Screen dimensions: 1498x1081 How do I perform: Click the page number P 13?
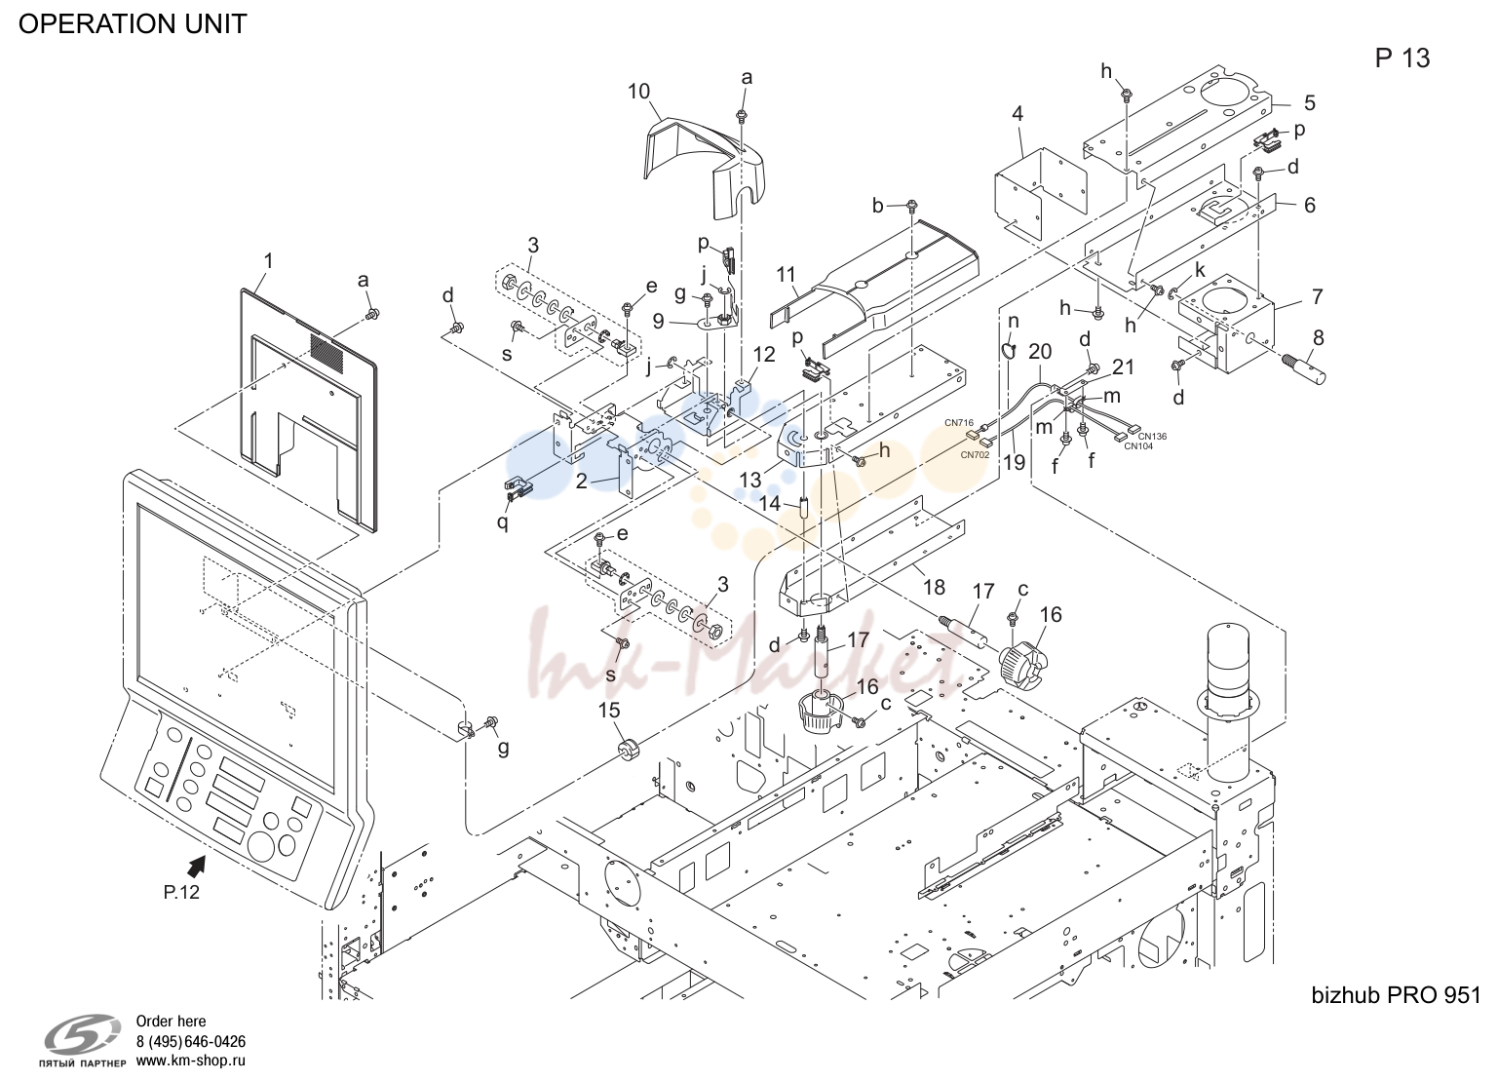pyautogui.click(x=1402, y=58)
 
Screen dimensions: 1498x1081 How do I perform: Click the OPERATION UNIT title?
pyautogui.click(x=133, y=24)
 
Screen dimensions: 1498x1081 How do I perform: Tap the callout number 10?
pyautogui.click(x=638, y=91)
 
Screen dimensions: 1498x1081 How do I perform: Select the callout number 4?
pyautogui.click(x=1018, y=113)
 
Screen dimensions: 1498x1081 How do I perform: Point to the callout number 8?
pyautogui.click(x=1318, y=337)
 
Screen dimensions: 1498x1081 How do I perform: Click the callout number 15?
pyautogui.click(x=609, y=710)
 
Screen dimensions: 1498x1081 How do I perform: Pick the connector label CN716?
pyautogui.click(x=959, y=423)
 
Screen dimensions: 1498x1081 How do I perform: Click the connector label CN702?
pyautogui.click(x=975, y=455)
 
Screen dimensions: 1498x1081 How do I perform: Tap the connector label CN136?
pyautogui.click(x=1152, y=436)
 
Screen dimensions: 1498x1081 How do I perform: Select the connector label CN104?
pyautogui.click(x=1138, y=446)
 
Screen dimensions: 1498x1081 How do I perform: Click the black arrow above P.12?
pyautogui.click(x=196, y=868)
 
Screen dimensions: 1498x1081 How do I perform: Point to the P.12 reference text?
pyautogui.click(x=181, y=892)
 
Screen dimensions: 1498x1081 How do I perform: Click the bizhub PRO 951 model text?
pyautogui.click(x=1396, y=995)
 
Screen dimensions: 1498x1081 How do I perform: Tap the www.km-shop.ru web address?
pyautogui.click(x=191, y=1061)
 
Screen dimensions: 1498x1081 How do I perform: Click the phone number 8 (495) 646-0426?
pyautogui.click(x=191, y=1042)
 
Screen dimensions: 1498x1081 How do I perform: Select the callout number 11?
pyautogui.click(x=786, y=274)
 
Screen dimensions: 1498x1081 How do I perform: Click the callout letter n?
pyautogui.click(x=1014, y=322)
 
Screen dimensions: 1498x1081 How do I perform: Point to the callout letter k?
pyautogui.click(x=1200, y=270)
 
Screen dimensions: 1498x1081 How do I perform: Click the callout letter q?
pyautogui.click(x=502, y=521)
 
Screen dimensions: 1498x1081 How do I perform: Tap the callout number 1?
pyautogui.click(x=268, y=261)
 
